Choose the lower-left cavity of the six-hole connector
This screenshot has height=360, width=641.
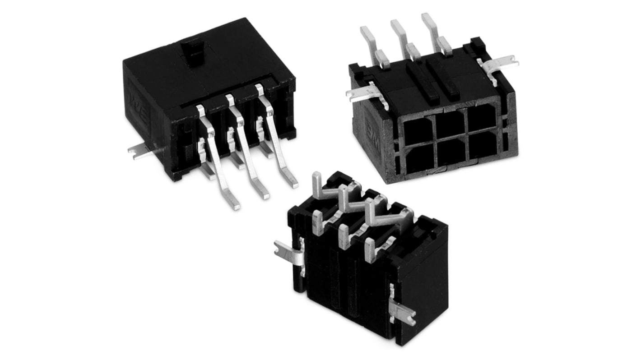(420, 160)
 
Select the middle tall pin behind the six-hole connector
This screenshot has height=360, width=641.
(399, 33)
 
